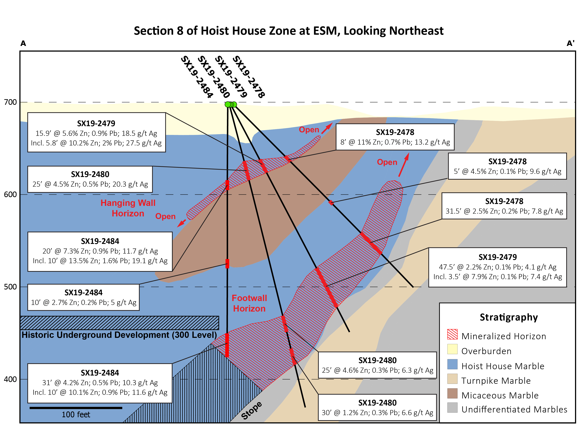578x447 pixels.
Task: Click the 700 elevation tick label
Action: [10, 102]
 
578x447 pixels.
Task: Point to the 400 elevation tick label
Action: [10, 379]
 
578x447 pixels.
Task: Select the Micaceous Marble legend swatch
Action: [452, 394]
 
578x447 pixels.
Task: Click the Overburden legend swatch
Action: [452, 349]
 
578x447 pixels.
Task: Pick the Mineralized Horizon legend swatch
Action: [452, 334]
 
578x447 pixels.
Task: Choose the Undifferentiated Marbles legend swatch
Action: [452, 408]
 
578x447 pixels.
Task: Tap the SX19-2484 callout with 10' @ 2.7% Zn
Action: [83, 297]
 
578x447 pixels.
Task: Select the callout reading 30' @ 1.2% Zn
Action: [377, 408]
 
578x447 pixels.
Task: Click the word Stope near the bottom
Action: [251, 410]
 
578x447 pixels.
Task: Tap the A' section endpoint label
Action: [570, 43]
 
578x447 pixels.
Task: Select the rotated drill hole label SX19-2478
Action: [248, 77]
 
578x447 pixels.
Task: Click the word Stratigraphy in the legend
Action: [509, 317]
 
